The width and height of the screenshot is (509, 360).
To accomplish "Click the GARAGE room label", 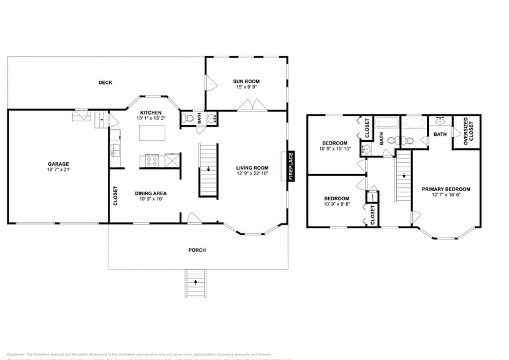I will tap(59, 163).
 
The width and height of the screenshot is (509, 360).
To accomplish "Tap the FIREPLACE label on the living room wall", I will tap(291, 166).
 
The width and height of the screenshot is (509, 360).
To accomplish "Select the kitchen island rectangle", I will tap(151, 133).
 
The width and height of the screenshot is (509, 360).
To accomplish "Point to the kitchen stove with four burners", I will tap(152, 161).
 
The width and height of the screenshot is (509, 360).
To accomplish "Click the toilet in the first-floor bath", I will tap(189, 118).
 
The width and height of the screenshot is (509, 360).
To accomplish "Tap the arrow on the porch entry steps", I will tap(195, 282).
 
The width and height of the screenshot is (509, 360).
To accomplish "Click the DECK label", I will tap(105, 83).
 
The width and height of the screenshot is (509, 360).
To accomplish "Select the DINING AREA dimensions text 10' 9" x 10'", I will tap(151, 199).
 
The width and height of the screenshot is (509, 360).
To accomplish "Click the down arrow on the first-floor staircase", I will tap(208, 169).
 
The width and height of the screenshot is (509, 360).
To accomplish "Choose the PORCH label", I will tap(197, 250).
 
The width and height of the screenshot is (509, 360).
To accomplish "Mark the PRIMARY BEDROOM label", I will tap(446, 189).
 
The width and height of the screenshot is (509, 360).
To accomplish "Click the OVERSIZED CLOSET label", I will tap(469, 132).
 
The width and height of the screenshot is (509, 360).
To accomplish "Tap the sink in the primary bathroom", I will tap(440, 121).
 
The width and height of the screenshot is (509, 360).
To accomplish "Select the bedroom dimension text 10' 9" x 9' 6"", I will tap(336, 204).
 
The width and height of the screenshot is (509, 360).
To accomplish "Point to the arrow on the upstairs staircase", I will tap(404, 176).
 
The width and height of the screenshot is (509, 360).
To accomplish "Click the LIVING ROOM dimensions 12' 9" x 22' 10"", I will tap(253, 174).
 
